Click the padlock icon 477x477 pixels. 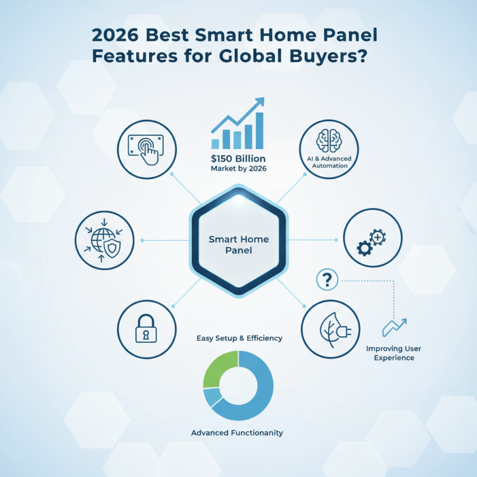click(x=146, y=329)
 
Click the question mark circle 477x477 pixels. click(x=329, y=278)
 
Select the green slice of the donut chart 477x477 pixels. click(x=219, y=368)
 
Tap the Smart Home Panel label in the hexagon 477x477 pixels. click(x=238, y=244)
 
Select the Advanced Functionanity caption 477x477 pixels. click(x=237, y=432)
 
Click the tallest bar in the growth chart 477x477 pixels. click(x=259, y=130)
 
